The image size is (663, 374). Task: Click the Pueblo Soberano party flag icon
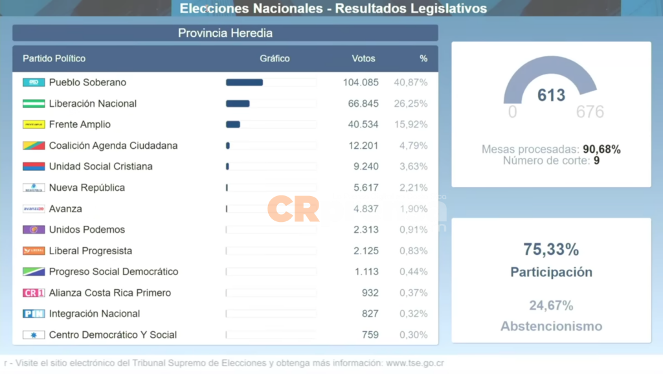(x=34, y=82)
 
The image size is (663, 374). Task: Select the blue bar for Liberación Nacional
(x=238, y=104)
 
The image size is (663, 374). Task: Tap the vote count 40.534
(x=363, y=124)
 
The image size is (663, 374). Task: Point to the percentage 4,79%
(x=413, y=146)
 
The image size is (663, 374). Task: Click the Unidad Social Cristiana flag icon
(x=34, y=166)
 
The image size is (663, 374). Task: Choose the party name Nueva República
(x=87, y=188)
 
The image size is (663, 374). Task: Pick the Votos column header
(x=363, y=58)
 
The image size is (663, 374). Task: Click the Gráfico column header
(x=275, y=58)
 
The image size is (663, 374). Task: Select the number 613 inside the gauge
(x=551, y=95)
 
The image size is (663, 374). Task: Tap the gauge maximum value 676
(x=590, y=112)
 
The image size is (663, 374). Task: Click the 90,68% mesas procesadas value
(x=601, y=149)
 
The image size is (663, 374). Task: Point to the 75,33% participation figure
(x=551, y=250)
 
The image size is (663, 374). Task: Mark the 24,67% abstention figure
(x=551, y=305)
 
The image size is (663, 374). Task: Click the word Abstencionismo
(x=551, y=326)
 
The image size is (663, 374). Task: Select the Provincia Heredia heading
(x=225, y=33)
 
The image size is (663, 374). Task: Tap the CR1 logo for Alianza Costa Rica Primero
(x=34, y=292)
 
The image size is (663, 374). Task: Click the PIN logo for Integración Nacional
(x=34, y=314)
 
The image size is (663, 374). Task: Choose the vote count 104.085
(x=361, y=82)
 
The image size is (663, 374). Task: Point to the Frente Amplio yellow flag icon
(x=34, y=124)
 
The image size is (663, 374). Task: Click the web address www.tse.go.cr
(x=414, y=363)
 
